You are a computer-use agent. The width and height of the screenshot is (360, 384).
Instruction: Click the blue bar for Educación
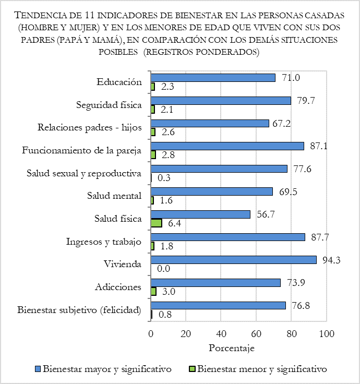(213, 78)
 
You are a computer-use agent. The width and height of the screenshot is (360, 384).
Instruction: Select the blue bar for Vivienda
(233, 260)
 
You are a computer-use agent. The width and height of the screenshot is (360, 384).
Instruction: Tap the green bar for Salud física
(156, 223)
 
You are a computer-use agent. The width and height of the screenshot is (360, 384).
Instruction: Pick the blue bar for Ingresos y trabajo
(227, 237)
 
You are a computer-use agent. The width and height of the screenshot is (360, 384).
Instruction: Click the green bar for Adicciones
(153, 291)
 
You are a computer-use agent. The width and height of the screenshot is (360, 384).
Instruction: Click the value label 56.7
(265, 214)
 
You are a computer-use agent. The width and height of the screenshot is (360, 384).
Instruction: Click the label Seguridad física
(109, 105)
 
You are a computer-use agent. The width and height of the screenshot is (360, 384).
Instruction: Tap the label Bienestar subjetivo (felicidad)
(79, 310)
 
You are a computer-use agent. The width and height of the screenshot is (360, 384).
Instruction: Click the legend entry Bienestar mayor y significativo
(107, 369)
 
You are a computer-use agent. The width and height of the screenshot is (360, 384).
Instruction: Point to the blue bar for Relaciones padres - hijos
(210, 123)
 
